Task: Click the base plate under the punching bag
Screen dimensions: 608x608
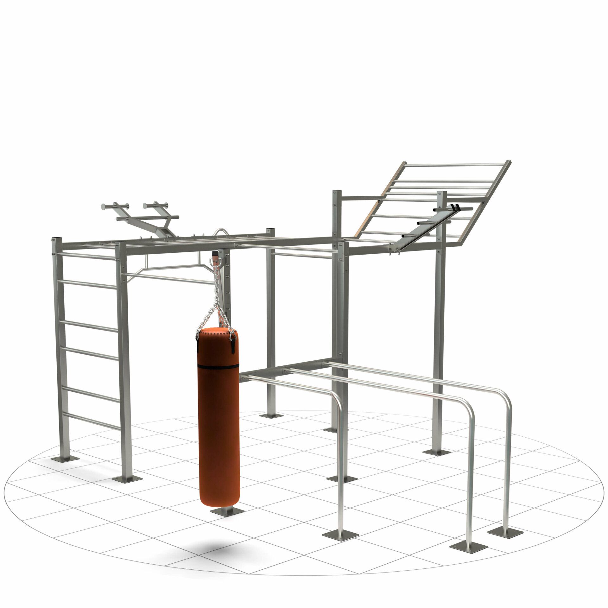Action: click(x=227, y=510)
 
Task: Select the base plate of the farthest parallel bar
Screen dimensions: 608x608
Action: click(x=505, y=524)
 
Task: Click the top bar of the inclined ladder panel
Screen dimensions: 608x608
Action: click(x=456, y=164)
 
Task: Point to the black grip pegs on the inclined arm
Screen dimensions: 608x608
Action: click(x=455, y=208)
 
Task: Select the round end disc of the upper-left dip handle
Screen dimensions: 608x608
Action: click(x=104, y=206)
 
